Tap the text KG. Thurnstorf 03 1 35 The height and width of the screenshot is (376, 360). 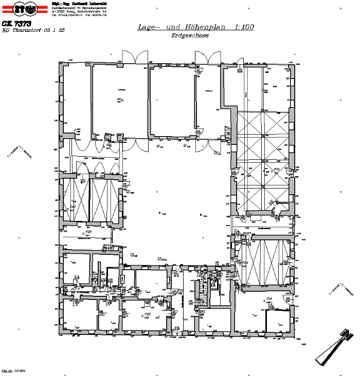33,31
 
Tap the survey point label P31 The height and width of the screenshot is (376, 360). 276,169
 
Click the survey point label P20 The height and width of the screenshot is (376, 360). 88,232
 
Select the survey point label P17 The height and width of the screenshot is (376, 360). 74,290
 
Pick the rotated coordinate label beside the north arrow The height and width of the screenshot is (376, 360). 341,290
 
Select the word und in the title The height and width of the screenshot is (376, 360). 173,28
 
